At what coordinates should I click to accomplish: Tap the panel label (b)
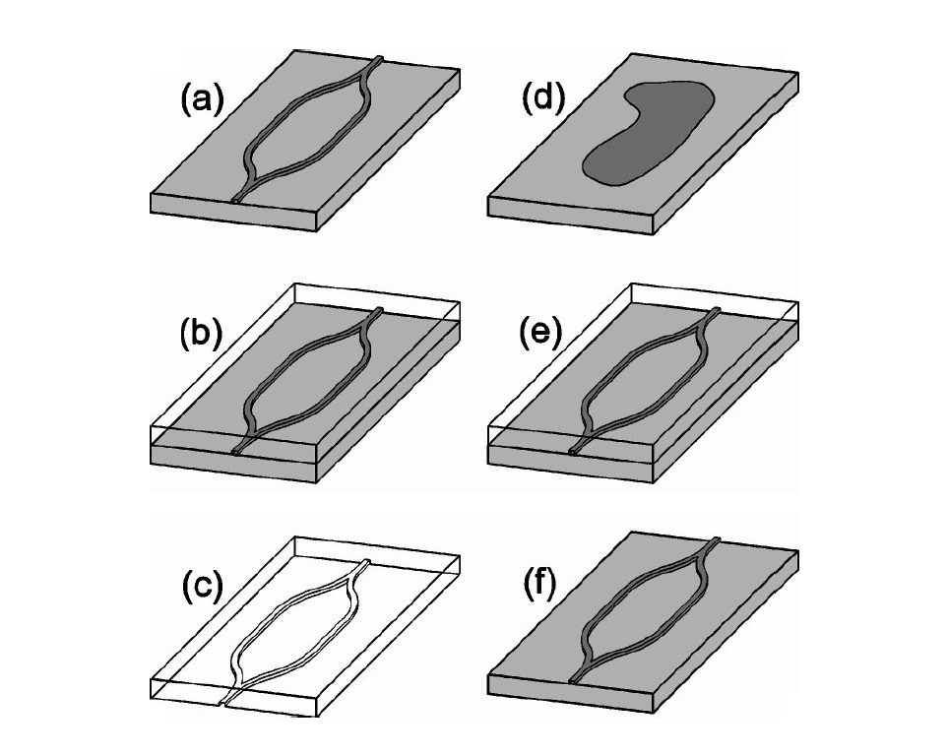pyautogui.click(x=202, y=333)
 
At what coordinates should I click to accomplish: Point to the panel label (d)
pyautogui.click(x=543, y=98)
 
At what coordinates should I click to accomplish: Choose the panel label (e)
pyautogui.click(x=541, y=332)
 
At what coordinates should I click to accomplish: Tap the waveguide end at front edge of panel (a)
pyautogui.click(x=236, y=198)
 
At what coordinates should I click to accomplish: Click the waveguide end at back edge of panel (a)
pyautogui.click(x=379, y=59)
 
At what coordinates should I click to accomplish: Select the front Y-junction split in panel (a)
pyautogui.click(x=254, y=177)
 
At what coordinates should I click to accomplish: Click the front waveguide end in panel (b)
pyautogui.click(x=236, y=450)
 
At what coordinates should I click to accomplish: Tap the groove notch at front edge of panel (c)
pyautogui.click(x=225, y=702)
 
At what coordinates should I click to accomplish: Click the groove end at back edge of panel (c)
pyautogui.click(x=366, y=562)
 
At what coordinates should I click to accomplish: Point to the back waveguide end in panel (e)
pyautogui.click(x=717, y=310)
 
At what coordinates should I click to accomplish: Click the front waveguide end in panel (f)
pyautogui.click(x=574, y=680)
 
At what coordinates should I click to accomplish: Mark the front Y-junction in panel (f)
pyautogui.click(x=591, y=661)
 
